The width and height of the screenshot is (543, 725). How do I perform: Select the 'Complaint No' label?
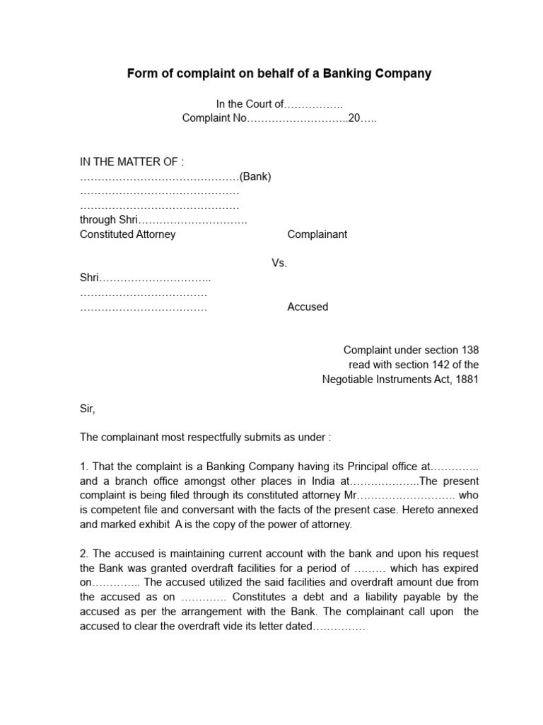(x=214, y=118)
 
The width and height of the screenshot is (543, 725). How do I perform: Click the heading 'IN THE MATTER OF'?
(x=132, y=162)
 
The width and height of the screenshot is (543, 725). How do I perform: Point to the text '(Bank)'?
(x=255, y=176)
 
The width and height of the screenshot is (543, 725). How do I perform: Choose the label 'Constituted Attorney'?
(x=127, y=234)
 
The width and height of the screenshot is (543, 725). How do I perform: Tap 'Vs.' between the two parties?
(x=279, y=263)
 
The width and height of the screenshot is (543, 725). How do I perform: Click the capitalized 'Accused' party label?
(x=308, y=307)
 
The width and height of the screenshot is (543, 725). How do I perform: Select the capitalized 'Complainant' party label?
(x=317, y=234)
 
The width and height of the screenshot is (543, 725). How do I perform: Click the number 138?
(x=469, y=350)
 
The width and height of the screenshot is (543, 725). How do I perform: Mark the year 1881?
(x=467, y=379)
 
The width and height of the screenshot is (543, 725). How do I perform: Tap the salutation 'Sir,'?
(x=87, y=409)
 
